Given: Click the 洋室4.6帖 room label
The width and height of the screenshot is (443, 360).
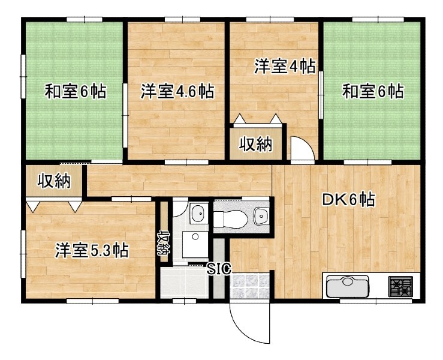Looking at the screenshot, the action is tap(177, 91).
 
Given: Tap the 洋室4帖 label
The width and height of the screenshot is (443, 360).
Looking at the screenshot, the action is tap(285, 66).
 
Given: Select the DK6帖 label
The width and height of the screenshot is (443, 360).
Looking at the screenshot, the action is tap(349, 200).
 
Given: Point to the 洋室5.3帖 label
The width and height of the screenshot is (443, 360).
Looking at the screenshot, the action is tap(92, 250).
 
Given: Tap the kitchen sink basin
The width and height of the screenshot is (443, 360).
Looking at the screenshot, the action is tap(348, 286).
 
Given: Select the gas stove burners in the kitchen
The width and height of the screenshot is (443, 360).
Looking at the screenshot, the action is tap(400, 286).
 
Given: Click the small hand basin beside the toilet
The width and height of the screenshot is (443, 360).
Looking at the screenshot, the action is tap(261, 217).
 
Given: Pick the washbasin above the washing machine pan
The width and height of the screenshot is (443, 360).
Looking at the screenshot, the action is tap(198, 212).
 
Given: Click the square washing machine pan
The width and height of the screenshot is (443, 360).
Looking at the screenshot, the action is tap(195, 245).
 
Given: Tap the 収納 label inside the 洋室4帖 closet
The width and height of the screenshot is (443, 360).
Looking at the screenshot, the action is tap(256, 144).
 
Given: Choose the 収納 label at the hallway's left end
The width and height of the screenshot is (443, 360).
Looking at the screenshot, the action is tap(54, 181).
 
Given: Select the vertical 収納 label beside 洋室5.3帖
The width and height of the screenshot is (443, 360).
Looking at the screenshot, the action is tap(164, 243).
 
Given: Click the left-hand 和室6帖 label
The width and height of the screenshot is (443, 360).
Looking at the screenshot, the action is tap(76, 91).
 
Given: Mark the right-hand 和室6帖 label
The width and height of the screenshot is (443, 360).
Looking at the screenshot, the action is tap(373, 91).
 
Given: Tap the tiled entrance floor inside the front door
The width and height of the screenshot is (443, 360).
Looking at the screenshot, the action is tap(249, 286).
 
